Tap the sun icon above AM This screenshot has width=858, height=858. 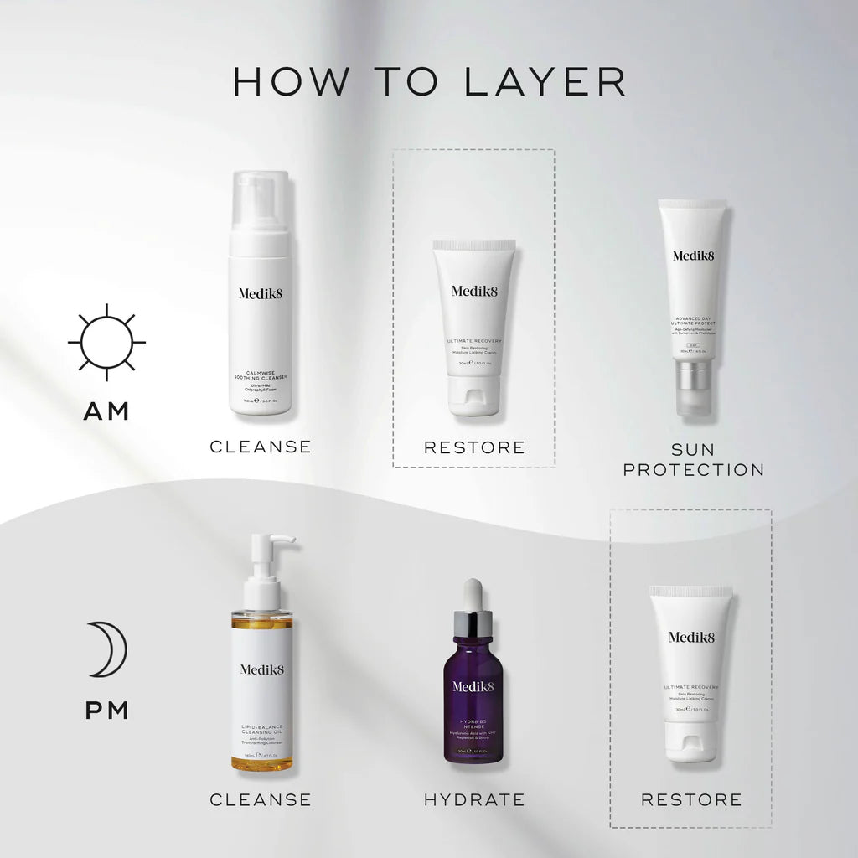106,343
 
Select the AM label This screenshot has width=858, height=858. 106,411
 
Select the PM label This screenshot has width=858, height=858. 106,711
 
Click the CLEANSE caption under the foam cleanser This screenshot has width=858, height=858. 261,447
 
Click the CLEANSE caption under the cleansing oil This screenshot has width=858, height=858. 261,799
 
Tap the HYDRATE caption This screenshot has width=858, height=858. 474,799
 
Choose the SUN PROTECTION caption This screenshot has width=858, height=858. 694,459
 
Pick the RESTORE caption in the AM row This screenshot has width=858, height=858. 474,447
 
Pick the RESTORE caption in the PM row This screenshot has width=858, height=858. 691,799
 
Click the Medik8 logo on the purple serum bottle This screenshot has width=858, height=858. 474,686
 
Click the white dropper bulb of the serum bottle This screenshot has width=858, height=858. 474,593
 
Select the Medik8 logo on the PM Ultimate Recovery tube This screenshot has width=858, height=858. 691,637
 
